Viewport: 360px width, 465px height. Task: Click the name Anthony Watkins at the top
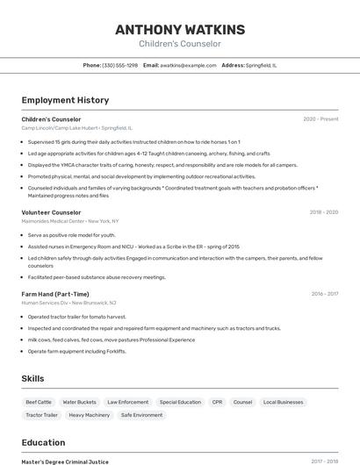pyautogui.click(x=180, y=30)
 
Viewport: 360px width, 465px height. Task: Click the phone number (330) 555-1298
pyautogui.click(x=119, y=66)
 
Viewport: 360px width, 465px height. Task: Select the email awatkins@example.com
pyautogui.click(x=188, y=66)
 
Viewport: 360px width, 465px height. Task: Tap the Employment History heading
pyautogui.click(x=65, y=100)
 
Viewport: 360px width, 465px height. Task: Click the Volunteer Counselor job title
pyautogui.click(x=51, y=212)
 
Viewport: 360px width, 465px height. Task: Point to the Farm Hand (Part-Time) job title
pyautogui.click(x=55, y=294)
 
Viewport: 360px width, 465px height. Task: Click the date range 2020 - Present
pyautogui.click(x=320, y=119)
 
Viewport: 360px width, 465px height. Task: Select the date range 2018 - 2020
pyautogui.click(x=324, y=212)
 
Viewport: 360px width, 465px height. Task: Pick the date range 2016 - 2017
pyautogui.click(x=324, y=294)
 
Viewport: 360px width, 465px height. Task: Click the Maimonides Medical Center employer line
pyautogui.click(x=70, y=221)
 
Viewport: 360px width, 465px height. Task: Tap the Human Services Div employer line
pyautogui.click(x=68, y=303)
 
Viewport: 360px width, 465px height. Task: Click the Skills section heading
pyautogui.click(x=33, y=378)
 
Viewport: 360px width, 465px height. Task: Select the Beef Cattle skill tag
pyautogui.click(x=39, y=402)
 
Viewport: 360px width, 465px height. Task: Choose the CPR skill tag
pyautogui.click(x=217, y=402)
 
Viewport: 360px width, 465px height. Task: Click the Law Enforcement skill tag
pyautogui.click(x=127, y=402)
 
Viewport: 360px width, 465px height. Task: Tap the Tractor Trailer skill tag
pyautogui.click(x=41, y=415)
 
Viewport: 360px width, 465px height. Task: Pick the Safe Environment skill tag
pyautogui.click(x=141, y=415)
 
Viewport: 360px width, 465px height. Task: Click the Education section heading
pyautogui.click(x=43, y=442)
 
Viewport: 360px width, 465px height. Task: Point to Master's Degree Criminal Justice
pyautogui.click(x=65, y=461)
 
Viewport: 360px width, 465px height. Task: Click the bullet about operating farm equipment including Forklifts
pyautogui.click(x=76, y=351)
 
